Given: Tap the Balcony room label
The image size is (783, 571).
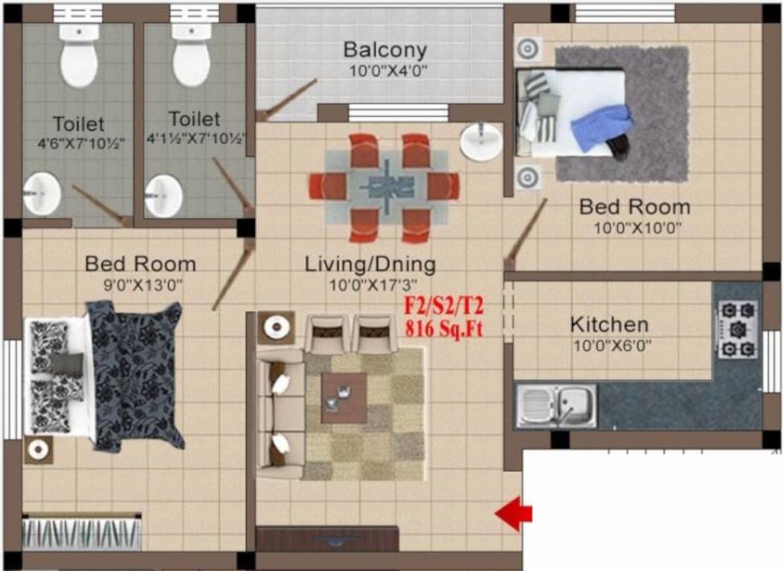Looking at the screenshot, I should (384, 51).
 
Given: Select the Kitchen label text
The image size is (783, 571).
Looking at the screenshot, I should (608, 325).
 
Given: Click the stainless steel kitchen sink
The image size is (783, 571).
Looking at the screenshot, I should (556, 406).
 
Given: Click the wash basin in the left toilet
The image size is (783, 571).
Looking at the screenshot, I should (42, 194).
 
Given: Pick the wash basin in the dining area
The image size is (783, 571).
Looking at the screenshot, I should (480, 141).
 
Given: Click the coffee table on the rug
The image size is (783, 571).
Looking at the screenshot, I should (344, 398).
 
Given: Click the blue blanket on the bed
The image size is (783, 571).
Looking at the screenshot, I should (602, 126).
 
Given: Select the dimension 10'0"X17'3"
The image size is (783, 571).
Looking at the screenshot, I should (370, 284).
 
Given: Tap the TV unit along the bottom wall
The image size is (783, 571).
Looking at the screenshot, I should (326, 538).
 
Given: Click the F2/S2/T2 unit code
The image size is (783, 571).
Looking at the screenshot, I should (443, 306).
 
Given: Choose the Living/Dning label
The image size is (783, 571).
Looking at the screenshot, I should (370, 264).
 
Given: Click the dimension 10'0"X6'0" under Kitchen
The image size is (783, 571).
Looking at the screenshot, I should (608, 345).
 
